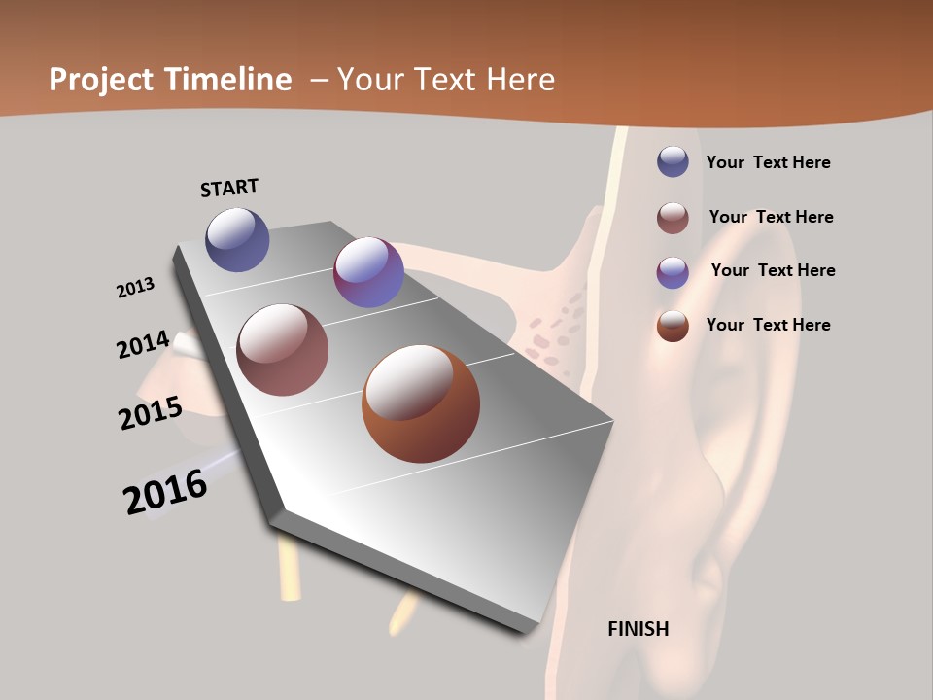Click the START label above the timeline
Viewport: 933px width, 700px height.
click(x=229, y=188)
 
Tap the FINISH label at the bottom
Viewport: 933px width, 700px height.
click(x=638, y=629)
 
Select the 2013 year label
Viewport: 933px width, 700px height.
click(x=135, y=288)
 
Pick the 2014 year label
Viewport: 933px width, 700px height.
click(x=143, y=345)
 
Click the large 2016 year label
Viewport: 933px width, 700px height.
click(x=165, y=492)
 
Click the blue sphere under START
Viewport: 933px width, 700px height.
click(x=237, y=239)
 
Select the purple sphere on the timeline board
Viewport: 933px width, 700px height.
click(x=368, y=272)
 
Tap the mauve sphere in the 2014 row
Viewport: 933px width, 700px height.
click(x=283, y=350)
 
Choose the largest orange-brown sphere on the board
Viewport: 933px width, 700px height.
click(x=421, y=403)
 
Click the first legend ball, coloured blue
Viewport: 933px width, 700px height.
click(x=673, y=161)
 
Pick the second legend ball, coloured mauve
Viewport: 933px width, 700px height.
click(x=673, y=218)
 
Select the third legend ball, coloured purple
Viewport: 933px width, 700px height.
click(x=673, y=272)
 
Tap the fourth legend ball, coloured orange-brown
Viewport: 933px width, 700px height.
click(x=673, y=326)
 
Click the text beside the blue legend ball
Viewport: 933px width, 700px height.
click(x=768, y=162)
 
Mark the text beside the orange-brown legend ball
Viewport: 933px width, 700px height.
click(x=768, y=325)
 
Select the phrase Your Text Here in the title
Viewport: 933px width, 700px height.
click(x=446, y=80)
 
